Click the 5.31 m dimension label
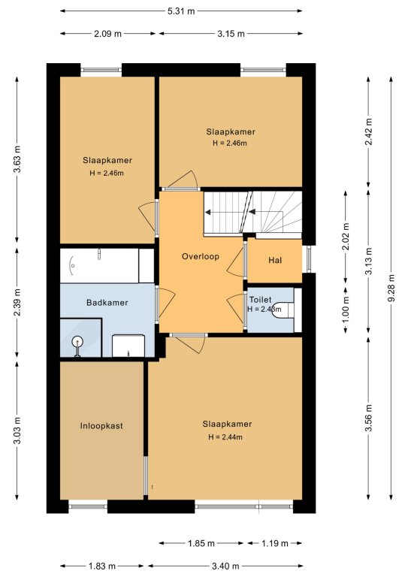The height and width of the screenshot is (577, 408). coord(181,11)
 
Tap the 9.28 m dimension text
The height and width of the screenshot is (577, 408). coord(391,288)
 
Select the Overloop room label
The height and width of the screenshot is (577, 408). coord(201,256)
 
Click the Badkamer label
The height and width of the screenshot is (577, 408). coord(107,303)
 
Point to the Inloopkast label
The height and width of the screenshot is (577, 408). coord(101,426)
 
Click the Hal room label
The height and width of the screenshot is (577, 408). coord(275,260)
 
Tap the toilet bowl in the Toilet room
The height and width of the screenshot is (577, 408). coord(284,310)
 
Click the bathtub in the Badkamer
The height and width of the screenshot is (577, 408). coord(99,266)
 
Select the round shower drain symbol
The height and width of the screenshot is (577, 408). coord(77,342)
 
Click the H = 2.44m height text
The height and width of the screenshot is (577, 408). coord(225,437)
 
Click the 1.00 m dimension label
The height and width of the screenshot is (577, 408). coord(346,310)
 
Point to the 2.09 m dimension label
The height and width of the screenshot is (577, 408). coord(107,34)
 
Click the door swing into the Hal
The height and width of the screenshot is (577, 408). coord(234,259)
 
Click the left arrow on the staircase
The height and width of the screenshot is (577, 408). coord(207,212)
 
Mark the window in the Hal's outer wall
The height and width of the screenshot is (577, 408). coord(308,258)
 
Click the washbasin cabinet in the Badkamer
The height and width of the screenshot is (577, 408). coord(128,346)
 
